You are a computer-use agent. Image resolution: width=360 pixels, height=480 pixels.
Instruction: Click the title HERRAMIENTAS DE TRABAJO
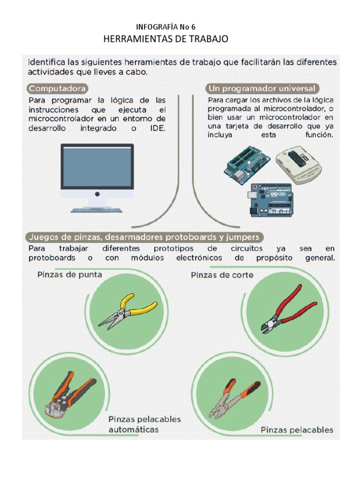point(165,39)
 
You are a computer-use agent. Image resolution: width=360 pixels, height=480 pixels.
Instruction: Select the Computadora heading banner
point(58,89)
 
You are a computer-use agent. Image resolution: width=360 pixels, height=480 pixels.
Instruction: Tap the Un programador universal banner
point(263,89)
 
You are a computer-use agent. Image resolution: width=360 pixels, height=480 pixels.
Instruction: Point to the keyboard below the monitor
point(97,210)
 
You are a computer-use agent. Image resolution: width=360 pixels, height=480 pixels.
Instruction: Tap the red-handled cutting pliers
point(287,310)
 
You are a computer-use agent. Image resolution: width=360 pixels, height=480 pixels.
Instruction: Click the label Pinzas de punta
point(69,275)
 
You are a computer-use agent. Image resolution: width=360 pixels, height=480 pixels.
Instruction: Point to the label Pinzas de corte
point(222,275)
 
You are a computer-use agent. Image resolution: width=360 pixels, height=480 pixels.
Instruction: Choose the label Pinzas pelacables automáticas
point(144,424)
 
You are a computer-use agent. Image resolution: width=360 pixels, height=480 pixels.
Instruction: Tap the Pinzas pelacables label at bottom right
point(297,430)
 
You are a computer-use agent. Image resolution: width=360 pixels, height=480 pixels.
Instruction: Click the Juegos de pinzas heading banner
point(144,237)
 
